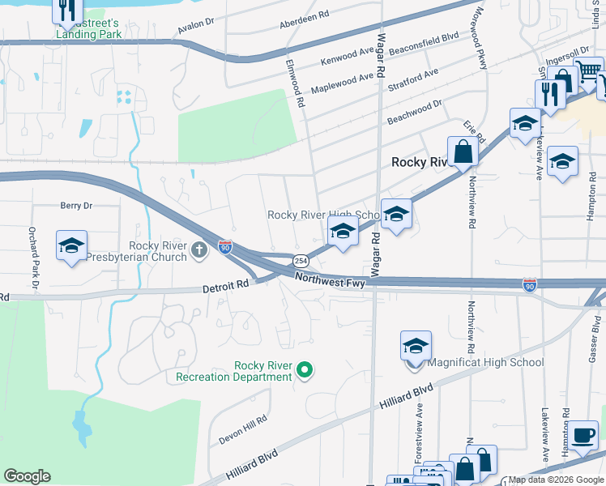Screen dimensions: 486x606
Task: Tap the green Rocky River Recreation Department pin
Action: coord(305,371)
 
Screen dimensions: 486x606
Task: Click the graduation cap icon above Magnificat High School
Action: coord(416,346)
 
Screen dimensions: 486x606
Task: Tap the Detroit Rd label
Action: coord(225,286)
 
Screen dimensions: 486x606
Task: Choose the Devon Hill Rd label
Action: coord(242,430)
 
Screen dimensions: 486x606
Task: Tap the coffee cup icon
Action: coord(582,435)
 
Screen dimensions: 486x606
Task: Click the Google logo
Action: coord(28,476)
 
